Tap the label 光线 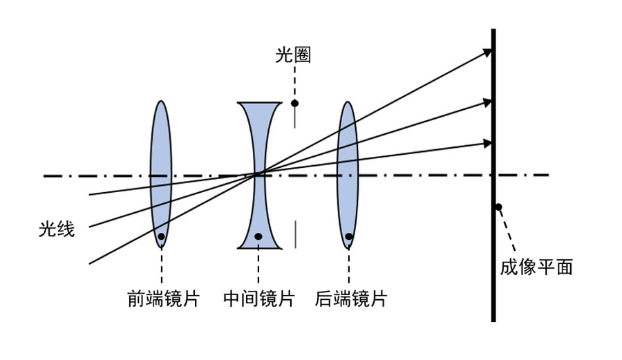(x=57, y=229)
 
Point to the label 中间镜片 (x=259, y=299)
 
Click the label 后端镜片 (x=351, y=299)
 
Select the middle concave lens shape (x=259, y=138)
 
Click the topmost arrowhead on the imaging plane (x=488, y=52)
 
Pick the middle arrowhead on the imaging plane (x=488, y=102)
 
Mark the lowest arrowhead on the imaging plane (x=488, y=143)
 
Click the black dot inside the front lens (x=161, y=236)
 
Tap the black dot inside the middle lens (x=258, y=236)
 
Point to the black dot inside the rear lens (x=349, y=236)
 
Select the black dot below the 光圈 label (x=295, y=104)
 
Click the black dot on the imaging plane (x=498, y=207)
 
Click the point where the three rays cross (x=256, y=173)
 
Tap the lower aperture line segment (x=295, y=234)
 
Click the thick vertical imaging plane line (x=493, y=276)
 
